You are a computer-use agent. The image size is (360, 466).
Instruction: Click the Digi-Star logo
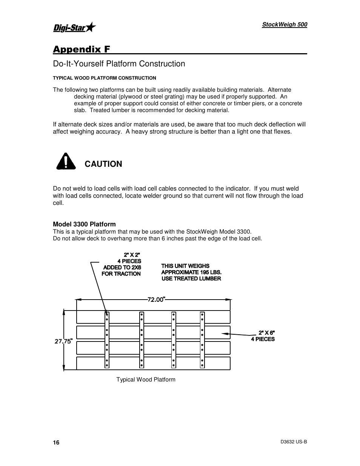pyautogui.click(x=74, y=28)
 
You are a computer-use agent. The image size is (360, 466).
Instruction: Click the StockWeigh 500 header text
pyautogui.click(x=285, y=25)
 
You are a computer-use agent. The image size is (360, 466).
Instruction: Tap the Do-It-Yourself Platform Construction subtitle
pyautogui.click(x=119, y=64)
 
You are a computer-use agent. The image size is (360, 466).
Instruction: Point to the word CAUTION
pyautogui.click(x=103, y=164)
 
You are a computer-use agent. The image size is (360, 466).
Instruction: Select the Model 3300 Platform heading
pyautogui.click(x=84, y=224)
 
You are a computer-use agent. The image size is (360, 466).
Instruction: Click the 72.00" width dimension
pyautogui.click(x=156, y=299)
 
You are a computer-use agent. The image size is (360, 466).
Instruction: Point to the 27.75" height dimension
pyautogui.click(x=63, y=341)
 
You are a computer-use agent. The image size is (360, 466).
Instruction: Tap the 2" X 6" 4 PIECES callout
pyautogui.click(x=263, y=336)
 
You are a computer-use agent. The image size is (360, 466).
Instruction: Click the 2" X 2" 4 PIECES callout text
pyautogui.click(x=122, y=264)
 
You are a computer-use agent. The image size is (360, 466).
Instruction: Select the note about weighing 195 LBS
pyautogui.click(x=191, y=272)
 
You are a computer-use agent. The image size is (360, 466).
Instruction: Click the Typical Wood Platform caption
pyautogui.click(x=146, y=380)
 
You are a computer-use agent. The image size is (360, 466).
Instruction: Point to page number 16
pyautogui.click(x=56, y=443)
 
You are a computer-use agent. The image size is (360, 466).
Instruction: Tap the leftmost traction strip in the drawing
pyautogui.click(x=107, y=340)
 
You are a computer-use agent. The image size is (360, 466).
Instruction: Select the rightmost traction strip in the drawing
pyautogui.click(x=203, y=340)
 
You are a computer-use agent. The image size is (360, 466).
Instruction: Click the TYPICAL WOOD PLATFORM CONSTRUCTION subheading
pyautogui.click(x=104, y=78)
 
